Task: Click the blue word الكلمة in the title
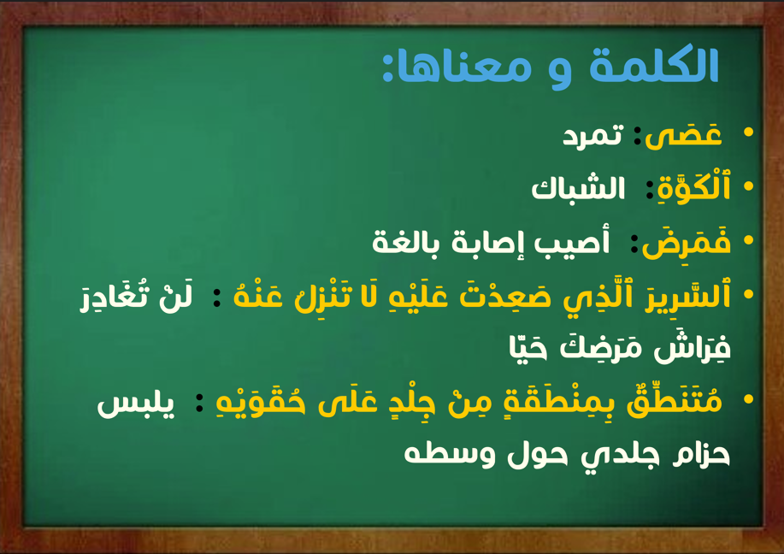[x=654, y=65]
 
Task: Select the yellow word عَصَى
[x=683, y=135]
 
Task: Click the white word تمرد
[x=593, y=135]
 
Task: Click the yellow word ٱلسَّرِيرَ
[x=687, y=296]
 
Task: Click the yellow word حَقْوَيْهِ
[x=261, y=402]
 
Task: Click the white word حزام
[x=701, y=454]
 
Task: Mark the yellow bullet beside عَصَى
[x=748, y=132]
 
